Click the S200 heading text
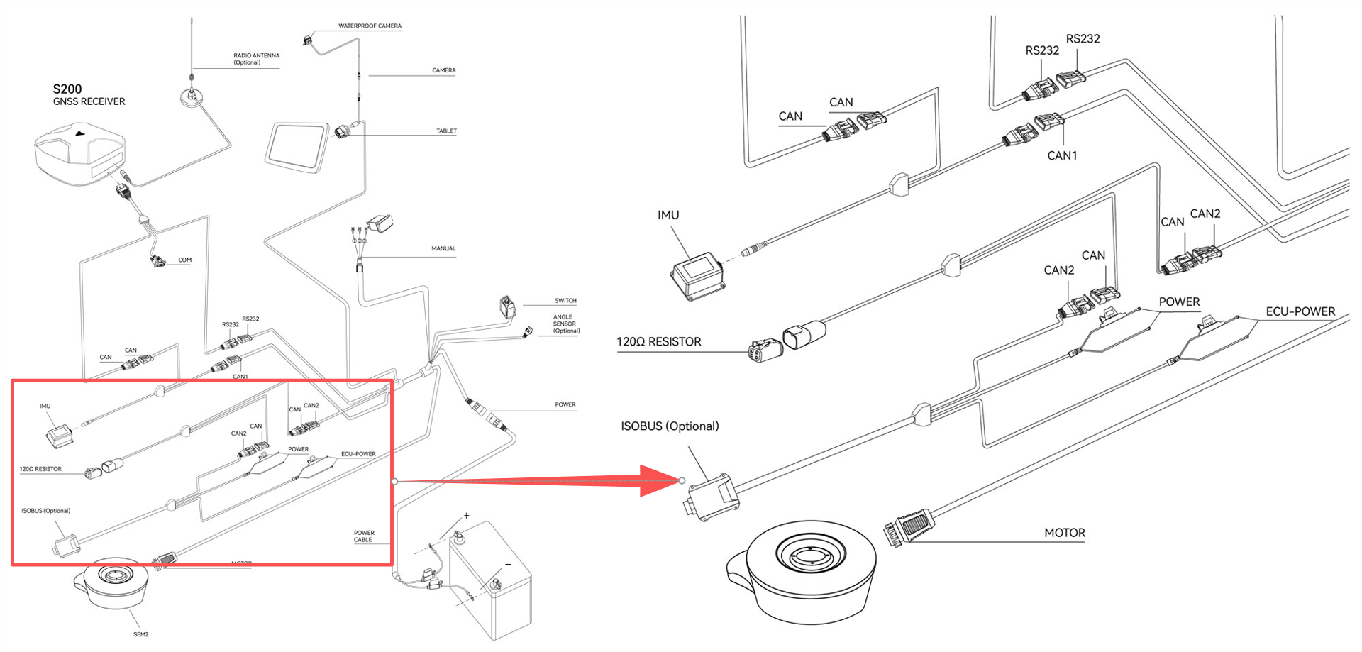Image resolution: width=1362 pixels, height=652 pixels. click(67, 89)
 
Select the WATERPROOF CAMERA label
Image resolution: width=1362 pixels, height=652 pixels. click(370, 26)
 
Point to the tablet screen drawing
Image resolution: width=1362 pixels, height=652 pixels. click(297, 146)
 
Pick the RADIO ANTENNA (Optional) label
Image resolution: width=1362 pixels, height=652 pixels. click(256, 59)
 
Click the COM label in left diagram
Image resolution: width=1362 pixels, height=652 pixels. click(184, 260)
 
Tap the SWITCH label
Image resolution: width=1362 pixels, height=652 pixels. click(565, 301)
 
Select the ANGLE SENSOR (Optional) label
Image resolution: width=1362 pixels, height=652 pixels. click(566, 324)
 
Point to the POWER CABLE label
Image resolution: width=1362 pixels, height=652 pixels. click(364, 536)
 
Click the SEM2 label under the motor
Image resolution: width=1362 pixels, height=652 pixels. click(140, 634)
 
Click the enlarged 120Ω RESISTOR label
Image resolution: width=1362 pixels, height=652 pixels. click(658, 342)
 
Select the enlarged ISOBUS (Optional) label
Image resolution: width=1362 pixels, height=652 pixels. click(670, 426)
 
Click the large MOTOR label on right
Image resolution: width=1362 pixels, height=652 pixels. click(1064, 533)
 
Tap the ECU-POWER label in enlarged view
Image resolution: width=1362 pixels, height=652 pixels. click(1300, 311)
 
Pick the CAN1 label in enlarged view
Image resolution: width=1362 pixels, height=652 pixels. click(1061, 155)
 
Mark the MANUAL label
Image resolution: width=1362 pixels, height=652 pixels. click(443, 249)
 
